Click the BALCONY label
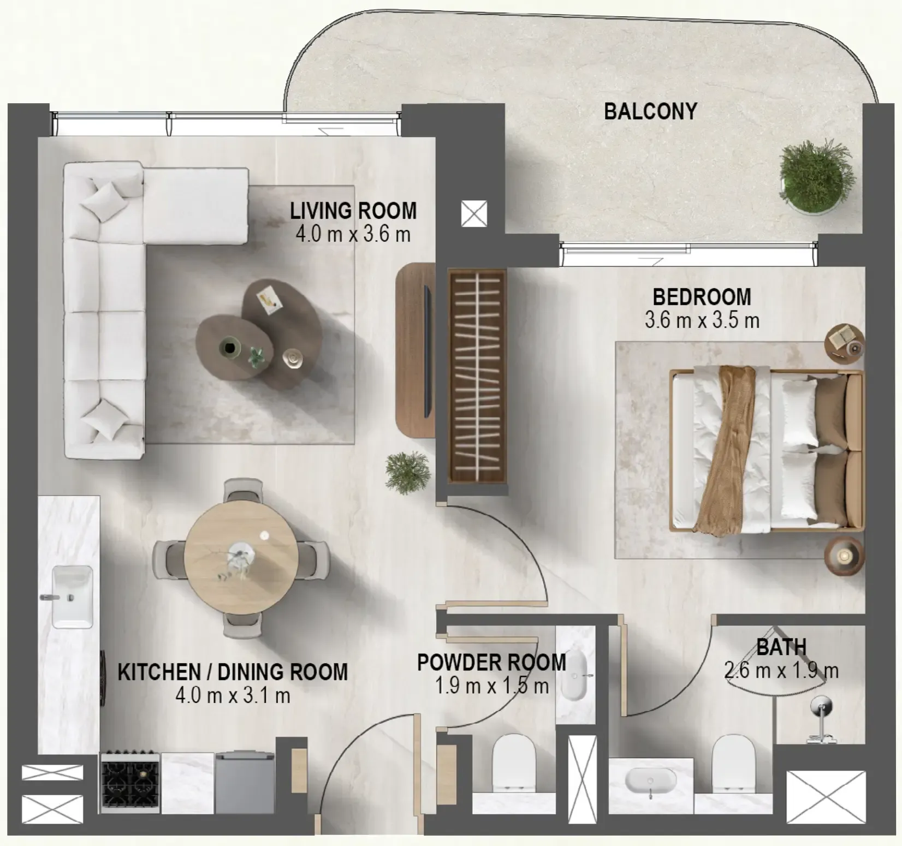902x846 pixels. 650,111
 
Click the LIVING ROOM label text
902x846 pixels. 353,211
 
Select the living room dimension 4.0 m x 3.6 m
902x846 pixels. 353,234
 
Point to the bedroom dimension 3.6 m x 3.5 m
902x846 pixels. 702,320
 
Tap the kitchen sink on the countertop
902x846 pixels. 72,597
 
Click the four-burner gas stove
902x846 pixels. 130,783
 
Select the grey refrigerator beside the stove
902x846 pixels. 245,783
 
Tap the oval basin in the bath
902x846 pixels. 650,783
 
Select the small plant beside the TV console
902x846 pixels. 407,472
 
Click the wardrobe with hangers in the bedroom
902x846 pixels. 477,377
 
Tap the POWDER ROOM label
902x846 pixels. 491,663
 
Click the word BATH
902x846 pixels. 781,647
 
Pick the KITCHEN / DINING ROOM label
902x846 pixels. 233,672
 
